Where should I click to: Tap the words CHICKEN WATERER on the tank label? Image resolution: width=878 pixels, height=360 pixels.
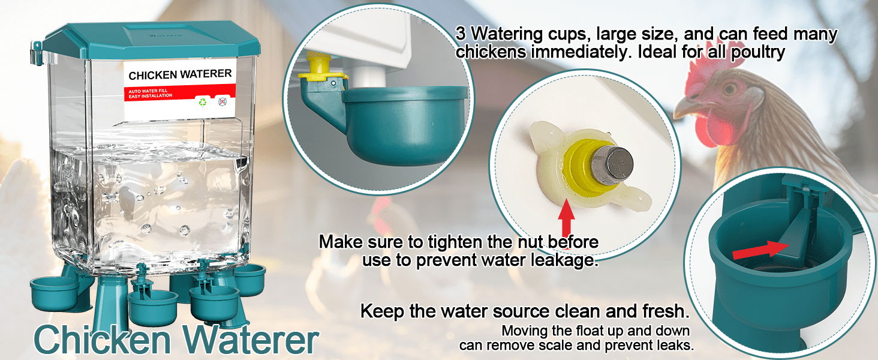coord(180,74)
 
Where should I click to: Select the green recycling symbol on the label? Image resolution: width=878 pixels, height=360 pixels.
coord(202,103)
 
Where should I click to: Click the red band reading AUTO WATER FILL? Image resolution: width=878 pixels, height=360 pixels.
coord(179,94)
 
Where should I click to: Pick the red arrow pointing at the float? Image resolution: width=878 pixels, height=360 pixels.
coord(760,250)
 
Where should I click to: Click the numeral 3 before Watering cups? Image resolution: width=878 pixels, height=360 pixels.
coord(461,34)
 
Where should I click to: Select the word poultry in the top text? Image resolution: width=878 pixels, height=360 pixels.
coord(758,52)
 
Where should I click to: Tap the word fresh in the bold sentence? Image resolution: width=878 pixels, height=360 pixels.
coord(666,311)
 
